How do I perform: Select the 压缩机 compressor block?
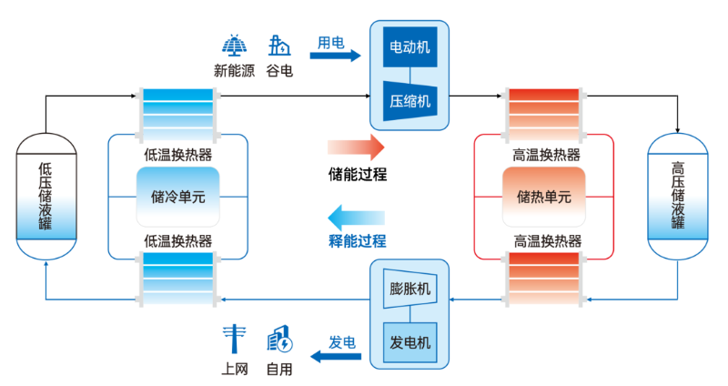[x=409, y=99]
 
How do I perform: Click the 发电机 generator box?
[x=409, y=342]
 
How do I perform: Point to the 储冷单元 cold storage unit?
[x=177, y=196]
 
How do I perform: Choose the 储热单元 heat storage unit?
[x=543, y=196]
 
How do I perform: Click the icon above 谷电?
[x=279, y=46]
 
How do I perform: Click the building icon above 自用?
[x=279, y=340]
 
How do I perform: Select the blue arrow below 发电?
[x=336, y=357]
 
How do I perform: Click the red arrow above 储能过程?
[x=356, y=147]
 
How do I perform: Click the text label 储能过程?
[x=357, y=173]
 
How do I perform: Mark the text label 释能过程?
[x=357, y=241]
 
